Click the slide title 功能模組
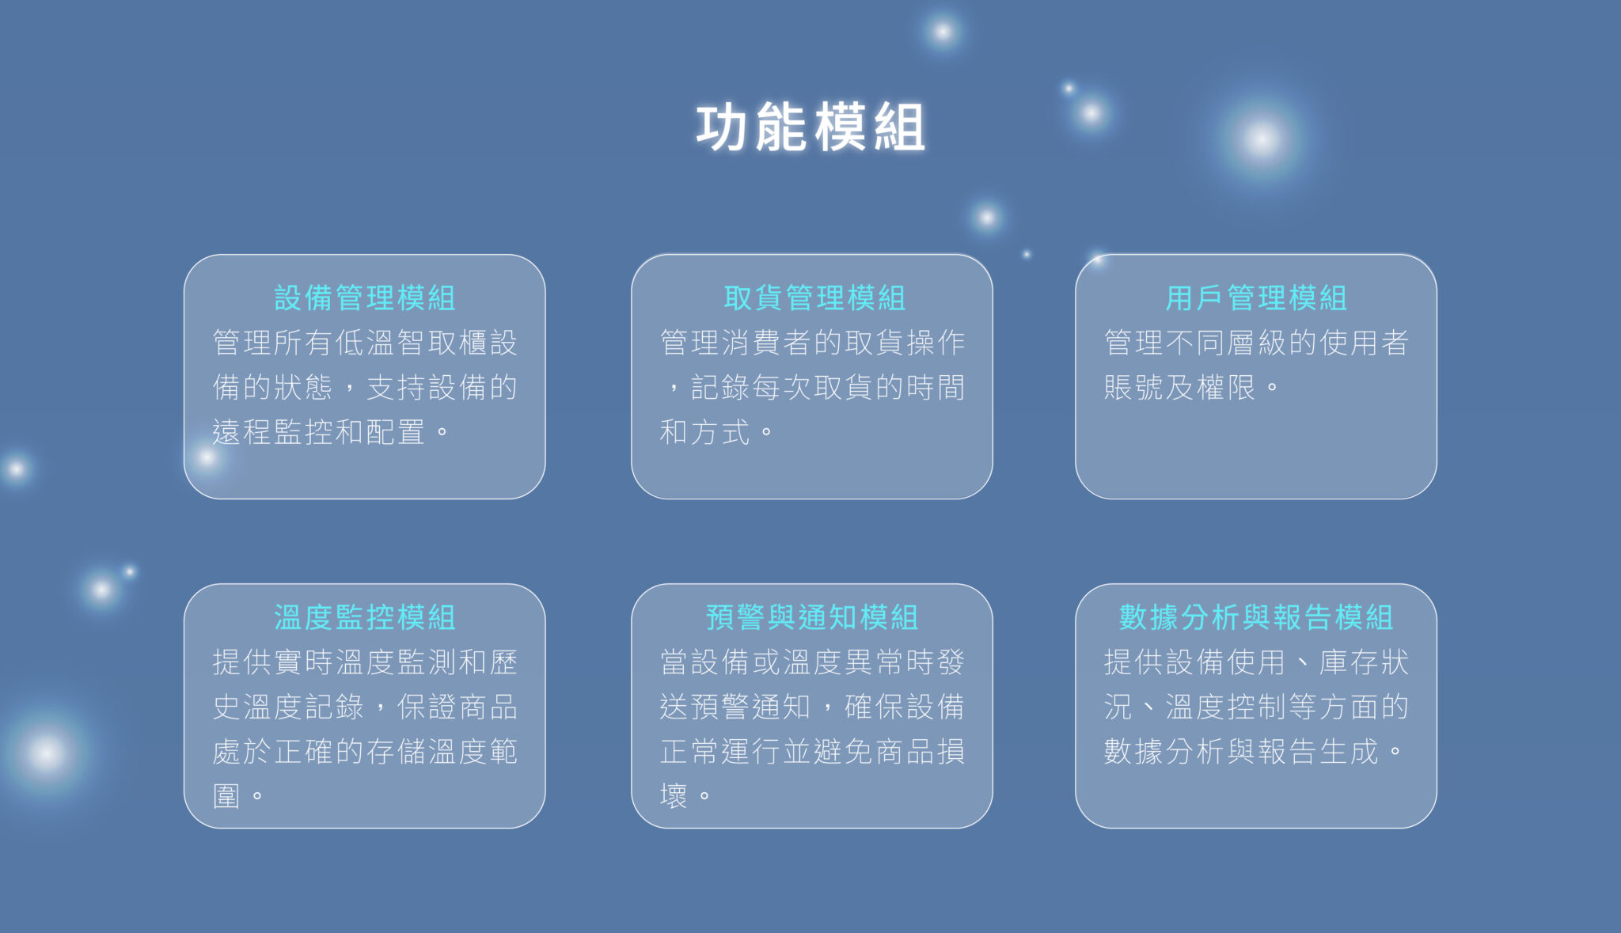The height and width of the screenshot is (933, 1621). coord(810,127)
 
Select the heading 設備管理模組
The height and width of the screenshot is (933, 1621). coord(365,298)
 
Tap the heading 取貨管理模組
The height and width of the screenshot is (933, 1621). coord(814,298)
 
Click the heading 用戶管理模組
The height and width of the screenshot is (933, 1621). coord(1256,298)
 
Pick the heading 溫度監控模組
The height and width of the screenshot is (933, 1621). coord(365,617)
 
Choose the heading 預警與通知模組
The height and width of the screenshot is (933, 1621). coord(812,617)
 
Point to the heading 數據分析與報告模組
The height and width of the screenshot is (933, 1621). coord(1256,617)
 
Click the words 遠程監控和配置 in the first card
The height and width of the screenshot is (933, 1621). coord(319,432)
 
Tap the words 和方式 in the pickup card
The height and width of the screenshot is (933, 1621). coord(704,432)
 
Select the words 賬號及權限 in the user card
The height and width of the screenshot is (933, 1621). coord(1179,388)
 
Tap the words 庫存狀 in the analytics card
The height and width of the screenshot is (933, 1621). coord(1364,662)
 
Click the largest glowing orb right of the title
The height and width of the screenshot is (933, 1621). coord(1261,139)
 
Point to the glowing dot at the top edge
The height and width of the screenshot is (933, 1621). coord(942,32)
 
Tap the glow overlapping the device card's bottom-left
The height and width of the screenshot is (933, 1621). coord(207,457)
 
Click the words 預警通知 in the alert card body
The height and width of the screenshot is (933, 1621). coord(750,707)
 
